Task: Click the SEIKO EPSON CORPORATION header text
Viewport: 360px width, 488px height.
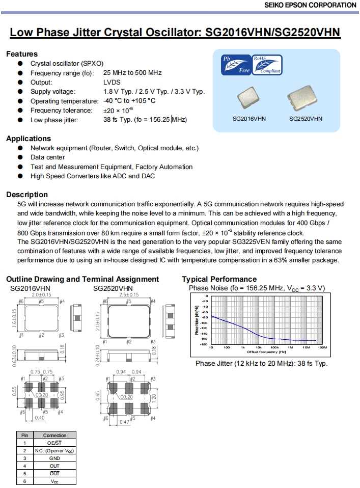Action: tap(310, 5)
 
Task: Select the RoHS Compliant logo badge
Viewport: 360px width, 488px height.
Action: tap(267, 65)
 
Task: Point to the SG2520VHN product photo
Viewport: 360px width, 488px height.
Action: tap(305, 97)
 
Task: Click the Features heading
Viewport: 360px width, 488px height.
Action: tap(22, 54)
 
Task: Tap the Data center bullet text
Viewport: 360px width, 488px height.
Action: tap(48, 157)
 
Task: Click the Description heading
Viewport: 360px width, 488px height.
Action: tap(27, 195)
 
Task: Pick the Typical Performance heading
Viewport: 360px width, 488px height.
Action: tap(219, 279)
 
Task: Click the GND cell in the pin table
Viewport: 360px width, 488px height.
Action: tap(54, 458)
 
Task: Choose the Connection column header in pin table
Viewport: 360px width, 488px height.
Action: tap(54, 436)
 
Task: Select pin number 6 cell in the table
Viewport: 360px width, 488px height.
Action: tap(24, 481)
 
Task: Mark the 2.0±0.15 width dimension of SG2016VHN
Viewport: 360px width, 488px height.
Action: tap(42, 295)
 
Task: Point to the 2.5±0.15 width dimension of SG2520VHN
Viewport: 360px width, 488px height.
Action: tap(129, 295)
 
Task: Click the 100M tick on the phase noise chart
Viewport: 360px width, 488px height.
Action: tap(322, 347)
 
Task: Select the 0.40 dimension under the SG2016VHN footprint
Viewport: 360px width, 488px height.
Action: tap(39, 418)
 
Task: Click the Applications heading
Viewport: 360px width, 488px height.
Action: tap(29, 139)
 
